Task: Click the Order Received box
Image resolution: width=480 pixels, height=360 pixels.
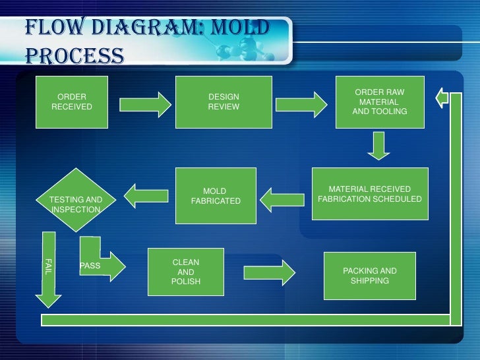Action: [x=71, y=102]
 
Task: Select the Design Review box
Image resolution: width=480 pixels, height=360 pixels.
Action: [x=224, y=102]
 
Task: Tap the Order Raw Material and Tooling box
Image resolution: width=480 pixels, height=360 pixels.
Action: [x=380, y=102]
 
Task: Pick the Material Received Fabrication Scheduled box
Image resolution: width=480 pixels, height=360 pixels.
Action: [x=370, y=193]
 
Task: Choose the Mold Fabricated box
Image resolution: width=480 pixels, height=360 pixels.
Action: [x=215, y=196]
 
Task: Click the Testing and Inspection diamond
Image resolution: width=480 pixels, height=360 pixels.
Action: [x=76, y=204]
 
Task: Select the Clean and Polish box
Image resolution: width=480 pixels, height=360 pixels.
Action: [x=186, y=272]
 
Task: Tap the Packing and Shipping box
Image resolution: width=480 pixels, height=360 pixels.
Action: [x=370, y=276]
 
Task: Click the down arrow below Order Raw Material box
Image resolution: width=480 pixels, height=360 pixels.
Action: [x=377, y=146]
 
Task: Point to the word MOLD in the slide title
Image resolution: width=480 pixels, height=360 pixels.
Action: [x=241, y=28]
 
